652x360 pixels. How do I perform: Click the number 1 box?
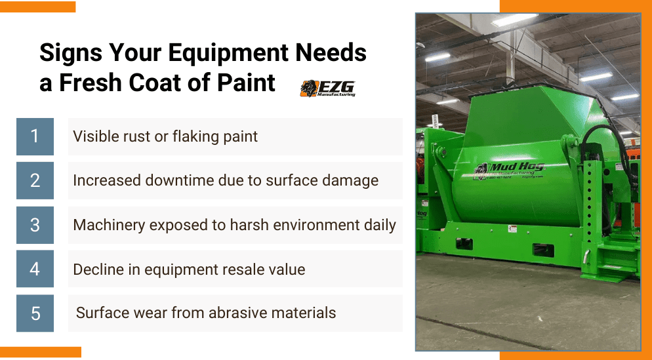coord(35,136)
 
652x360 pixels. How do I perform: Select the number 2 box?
coord(35,180)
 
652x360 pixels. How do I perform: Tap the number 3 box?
coord(35,225)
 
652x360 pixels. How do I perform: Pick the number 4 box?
coord(35,269)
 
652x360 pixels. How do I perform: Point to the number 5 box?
coord(35,313)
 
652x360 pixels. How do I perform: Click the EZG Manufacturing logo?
coord(327,88)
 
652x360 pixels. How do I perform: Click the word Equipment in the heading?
coord(203,52)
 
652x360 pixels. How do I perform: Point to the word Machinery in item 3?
coord(109,225)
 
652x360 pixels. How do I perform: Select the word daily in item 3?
coord(378,225)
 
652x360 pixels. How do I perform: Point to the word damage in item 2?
coord(353,180)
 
